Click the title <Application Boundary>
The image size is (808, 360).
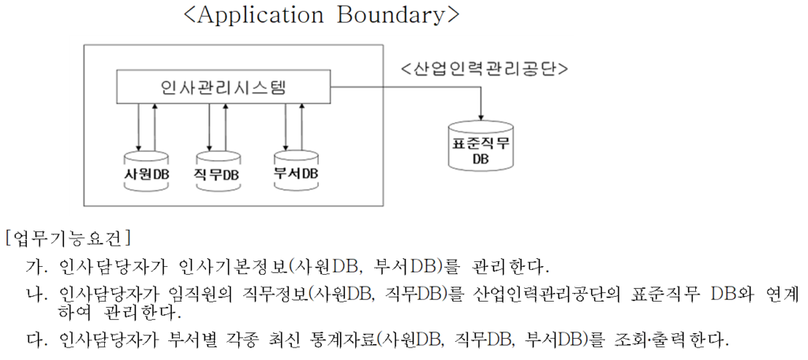(x=320, y=16)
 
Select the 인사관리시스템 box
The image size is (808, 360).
(x=223, y=88)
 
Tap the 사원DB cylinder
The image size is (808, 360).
(x=147, y=172)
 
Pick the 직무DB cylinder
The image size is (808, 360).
(x=218, y=172)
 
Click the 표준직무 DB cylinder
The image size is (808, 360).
(x=481, y=147)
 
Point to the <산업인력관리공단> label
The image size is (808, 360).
(x=484, y=69)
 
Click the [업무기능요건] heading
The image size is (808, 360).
(x=67, y=238)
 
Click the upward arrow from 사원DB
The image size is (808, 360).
(x=155, y=127)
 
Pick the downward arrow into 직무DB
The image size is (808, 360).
(x=209, y=127)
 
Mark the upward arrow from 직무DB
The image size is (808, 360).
(x=225, y=127)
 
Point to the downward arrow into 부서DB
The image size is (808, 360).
(x=286, y=127)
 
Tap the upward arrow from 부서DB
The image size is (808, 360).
(x=302, y=127)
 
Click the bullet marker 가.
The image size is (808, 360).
(x=36, y=268)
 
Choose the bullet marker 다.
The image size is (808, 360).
(x=36, y=339)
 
